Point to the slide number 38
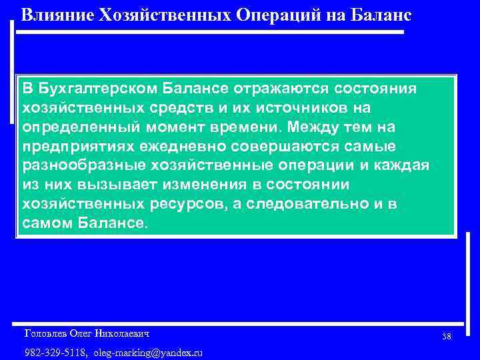click(x=446, y=337)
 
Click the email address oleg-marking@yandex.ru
click(x=148, y=352)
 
